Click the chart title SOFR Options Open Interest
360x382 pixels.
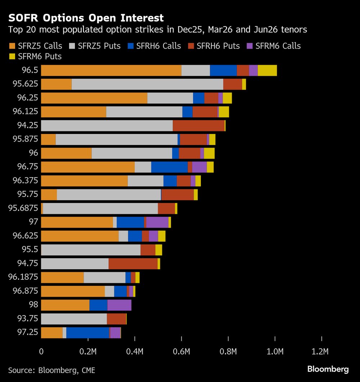click(86, 18)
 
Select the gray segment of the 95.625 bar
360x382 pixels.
click(147, 84)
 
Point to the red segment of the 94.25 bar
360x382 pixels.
click(198, 126)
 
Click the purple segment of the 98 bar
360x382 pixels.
click(119, 305)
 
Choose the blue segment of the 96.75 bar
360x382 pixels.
click(169, 167)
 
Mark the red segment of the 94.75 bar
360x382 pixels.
click(133, 264)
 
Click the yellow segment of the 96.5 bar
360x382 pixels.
click(267, 71)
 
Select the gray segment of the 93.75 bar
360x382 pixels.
click(74, 319)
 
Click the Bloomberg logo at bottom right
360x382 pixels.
click(328, 369)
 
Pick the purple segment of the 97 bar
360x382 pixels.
click(157, 222)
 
